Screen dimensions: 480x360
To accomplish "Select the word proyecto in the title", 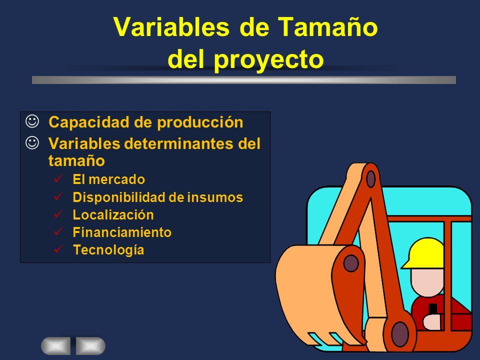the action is pos(269,59).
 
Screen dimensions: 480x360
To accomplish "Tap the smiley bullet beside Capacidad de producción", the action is pos(32,121).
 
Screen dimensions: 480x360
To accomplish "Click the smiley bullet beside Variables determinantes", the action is pos(32,143).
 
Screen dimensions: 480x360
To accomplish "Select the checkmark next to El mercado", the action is pos(58,178).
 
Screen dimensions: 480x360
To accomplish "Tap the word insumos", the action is pos(215,197).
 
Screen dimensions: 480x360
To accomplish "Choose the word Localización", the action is pos(113,215).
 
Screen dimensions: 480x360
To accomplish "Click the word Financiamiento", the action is pos(122,232).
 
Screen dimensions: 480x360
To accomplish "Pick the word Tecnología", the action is pos(108,250).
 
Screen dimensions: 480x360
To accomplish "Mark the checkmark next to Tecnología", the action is pos(58,248).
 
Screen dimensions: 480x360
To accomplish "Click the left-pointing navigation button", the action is pos(55,346).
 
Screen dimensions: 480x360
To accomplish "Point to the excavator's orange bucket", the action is pos(318,294).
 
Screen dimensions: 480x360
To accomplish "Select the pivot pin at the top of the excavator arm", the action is pos(370,179).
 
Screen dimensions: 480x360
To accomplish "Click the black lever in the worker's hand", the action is pos(432,309).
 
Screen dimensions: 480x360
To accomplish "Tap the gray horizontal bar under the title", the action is pos(244,80).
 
